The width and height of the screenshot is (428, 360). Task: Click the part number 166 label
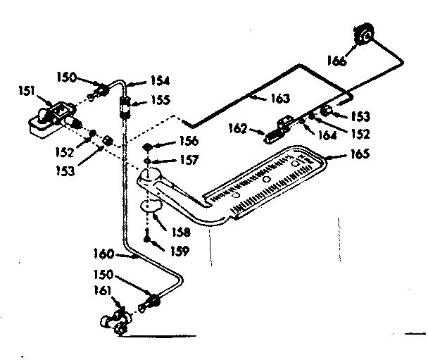coord(336,62)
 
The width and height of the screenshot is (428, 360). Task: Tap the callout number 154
coord(160,82)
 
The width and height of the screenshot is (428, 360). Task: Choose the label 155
coord(160,101)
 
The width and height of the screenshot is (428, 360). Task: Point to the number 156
coord(189,141)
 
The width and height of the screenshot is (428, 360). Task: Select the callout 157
coord(189,161)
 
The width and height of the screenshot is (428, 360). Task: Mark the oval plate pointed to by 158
coord(149,206)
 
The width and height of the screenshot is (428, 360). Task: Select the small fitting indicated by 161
coord(117,321)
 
